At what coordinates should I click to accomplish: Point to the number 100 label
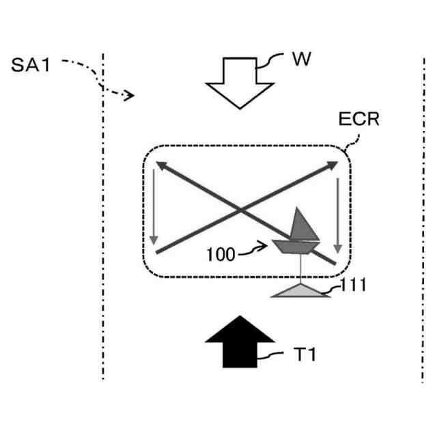coord(221,255)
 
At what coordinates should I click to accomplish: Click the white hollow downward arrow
coord(240,81)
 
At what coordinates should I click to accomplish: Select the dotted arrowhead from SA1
coord(129,96)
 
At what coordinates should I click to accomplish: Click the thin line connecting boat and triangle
coord(298,269)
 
